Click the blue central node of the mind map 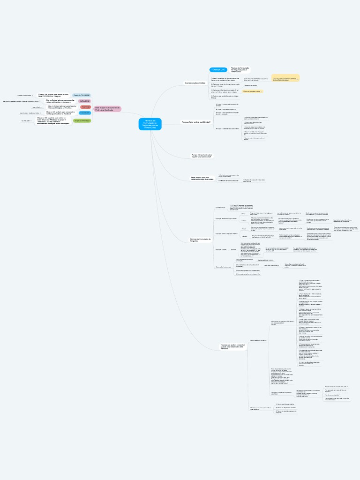pos(150,124)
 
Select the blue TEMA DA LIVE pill pos(218,69)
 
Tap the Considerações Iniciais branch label pos(195,83)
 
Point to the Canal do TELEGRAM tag pos(82,95)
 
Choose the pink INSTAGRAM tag pos(84,101)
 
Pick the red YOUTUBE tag pos(85,107)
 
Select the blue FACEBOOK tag pos(85,113)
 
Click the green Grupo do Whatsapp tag pos(82,121)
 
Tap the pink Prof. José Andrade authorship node pos(107,109)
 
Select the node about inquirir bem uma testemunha pos(202,178)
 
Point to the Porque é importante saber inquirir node pos(201,155)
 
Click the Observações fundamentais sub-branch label pos(223,266)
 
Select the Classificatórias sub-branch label pos(220,207)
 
